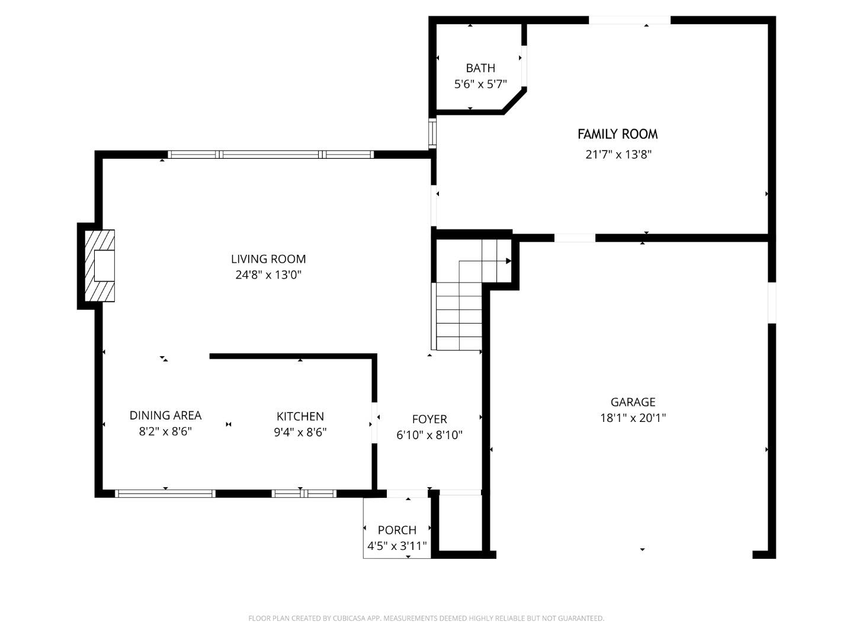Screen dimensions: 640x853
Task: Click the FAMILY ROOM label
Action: coord(617,135)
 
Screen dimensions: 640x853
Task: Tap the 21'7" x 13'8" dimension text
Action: coord(618,155)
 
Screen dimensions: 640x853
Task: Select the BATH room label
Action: coord(480,68)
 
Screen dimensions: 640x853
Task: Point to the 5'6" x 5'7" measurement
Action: coord(480,84)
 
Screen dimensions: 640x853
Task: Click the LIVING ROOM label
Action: coord(268,259)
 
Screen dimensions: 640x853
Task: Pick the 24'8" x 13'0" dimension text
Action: coord(268,275)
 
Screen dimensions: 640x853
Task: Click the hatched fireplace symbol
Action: coord(100,265)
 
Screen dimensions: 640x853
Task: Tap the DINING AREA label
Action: coord(165,415)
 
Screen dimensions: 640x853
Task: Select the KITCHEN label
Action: coord(300,417)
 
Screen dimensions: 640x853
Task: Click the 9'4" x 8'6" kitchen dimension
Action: coord(300,433)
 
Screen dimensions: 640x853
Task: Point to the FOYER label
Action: coord(429,420)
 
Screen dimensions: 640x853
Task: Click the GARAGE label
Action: coord(633,402)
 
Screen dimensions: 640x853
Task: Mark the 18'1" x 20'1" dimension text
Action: coord(633,418)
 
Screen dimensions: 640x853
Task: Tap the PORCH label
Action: coord(397,530)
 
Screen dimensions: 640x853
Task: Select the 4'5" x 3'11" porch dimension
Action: coord(397,546)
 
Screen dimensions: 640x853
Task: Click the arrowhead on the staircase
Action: coord(508,261)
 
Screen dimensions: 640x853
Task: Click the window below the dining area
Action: coord(165,493)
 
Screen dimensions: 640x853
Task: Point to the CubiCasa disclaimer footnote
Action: coord(426,618)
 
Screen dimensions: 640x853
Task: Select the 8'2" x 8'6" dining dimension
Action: coord(165,431)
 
